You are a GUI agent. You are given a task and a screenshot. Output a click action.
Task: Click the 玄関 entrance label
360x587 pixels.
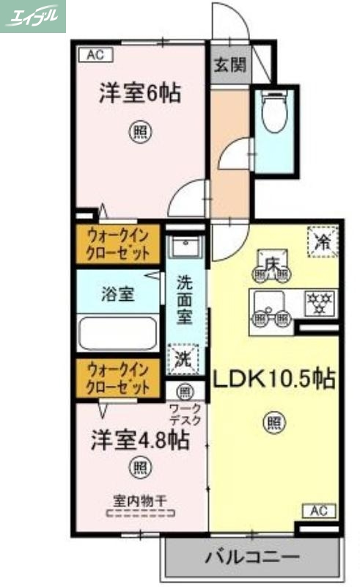coord(229,65)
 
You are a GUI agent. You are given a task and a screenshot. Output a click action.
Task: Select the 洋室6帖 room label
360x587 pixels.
coord(141,95)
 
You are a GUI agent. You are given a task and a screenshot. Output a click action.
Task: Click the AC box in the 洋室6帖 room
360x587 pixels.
coord(95,54)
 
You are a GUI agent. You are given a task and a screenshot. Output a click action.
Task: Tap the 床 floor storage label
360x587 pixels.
coord(272,263)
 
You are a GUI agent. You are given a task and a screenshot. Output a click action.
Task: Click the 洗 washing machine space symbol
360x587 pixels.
coord(183,358)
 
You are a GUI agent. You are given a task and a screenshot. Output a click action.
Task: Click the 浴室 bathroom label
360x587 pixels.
coord(117,294)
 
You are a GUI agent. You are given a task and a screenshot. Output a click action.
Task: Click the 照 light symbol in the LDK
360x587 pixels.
coord(273,422)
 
